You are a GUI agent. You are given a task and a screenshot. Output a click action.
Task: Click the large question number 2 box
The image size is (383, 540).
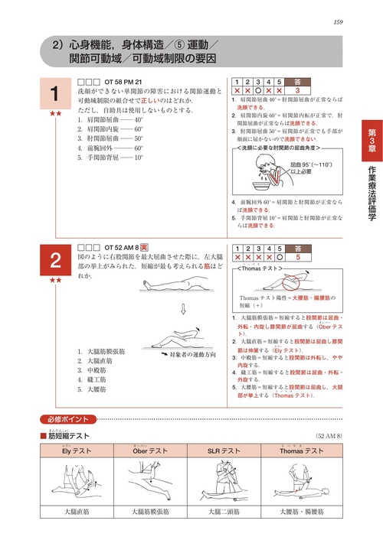coord(55,261)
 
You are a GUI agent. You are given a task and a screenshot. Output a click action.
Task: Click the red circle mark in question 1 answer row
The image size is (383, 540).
coord(259,90)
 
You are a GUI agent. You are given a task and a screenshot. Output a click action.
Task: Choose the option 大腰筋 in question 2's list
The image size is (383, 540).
coord(93,389)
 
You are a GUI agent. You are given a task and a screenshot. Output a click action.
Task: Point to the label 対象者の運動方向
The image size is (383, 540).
coord(195,356)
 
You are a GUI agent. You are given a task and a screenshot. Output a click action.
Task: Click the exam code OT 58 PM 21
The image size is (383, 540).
coord(119,80)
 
